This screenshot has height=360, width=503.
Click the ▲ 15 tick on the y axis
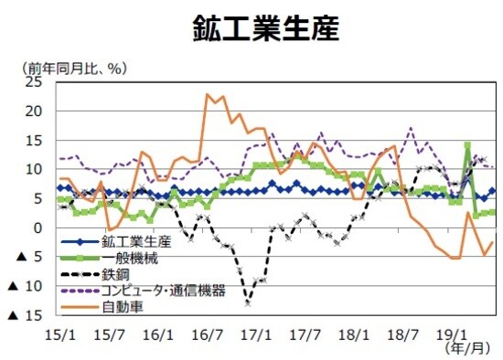[27, 315]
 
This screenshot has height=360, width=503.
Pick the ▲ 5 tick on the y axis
[27, 257]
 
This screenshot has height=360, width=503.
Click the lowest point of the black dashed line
[248, 302]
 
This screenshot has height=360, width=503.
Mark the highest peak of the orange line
[209, 94]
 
